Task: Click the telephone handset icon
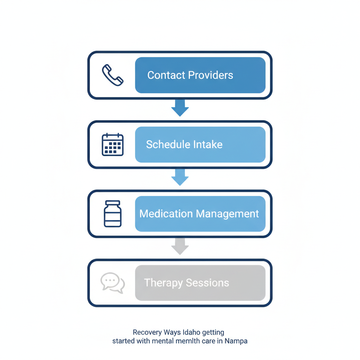pyautogui.click(x=112, y=75)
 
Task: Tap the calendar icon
pyautogui.click(x=112, y=144)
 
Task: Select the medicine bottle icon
pyautogui.click(x=112, y=214)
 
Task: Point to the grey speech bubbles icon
pyautogui.click(x=112, y=283)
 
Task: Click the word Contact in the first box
pyautogui.click(x=166, y=75)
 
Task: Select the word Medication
pyautogui.click(x=166, y=214)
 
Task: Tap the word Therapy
pyautogui.click(x=163, y=283)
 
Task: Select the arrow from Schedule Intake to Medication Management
pyautogui.click(x=180, y=177)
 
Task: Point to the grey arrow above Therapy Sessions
pyautogui.click(x=180, y=246)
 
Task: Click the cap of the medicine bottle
pyautogui.click(x=112, y=203)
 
